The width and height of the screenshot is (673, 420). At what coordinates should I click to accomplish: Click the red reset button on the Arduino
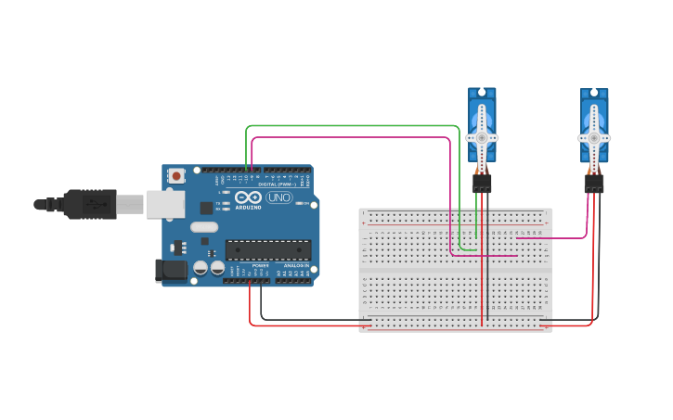coord(175,174)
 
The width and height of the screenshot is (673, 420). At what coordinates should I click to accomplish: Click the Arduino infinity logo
coord(248,197)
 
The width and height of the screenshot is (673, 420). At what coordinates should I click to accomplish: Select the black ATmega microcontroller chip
coord(268,249)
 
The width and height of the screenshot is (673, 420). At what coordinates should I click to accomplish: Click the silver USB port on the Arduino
coord(164,204)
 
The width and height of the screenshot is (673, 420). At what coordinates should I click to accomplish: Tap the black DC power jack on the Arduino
coord(172,270)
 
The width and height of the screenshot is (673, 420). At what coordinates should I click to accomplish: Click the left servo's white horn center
coord(482,137)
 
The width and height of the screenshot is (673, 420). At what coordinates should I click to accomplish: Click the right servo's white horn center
coord(594,137)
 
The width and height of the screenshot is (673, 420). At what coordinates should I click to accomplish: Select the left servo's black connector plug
coord(482,184)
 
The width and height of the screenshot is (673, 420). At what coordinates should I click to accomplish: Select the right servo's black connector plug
coord(594,184)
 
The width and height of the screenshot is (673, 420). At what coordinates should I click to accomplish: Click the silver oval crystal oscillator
coord(204,227)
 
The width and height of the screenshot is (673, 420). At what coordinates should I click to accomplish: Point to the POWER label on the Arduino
coord(261,265)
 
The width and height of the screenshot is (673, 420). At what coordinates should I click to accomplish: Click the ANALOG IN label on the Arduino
coord(296,265)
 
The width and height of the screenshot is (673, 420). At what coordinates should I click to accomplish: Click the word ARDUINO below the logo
coord(248,207)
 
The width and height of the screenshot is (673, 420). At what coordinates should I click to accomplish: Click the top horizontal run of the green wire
coord(353,126)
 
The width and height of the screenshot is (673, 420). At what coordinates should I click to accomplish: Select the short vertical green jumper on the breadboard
coord(476,227)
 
